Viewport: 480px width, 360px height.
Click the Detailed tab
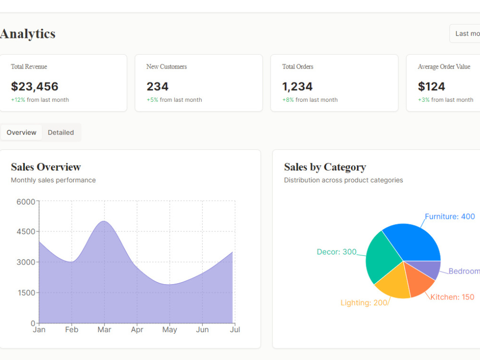tap(60, 132)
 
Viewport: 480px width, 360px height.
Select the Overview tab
tap(22, 132)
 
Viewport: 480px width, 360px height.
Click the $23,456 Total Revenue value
tap(35, 86)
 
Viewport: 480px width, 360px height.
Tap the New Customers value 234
tap(157, 86)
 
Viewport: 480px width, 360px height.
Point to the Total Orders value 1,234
tap(297, 86)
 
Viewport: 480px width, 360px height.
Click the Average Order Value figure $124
tap(432, 86)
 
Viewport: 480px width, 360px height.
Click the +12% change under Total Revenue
tap(18, 100)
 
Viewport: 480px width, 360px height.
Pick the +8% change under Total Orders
tap(288, 100)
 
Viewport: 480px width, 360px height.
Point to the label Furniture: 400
tap(450, 216)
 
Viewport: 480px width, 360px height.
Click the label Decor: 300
tap(336, 252)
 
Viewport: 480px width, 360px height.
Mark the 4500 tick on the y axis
tap(26, 231)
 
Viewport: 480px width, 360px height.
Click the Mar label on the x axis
tap(104, 330)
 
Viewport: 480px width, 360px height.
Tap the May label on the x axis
tap(169, 330)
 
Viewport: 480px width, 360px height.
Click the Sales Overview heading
tap(46, 167)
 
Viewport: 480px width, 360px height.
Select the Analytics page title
tap(27, 34)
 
